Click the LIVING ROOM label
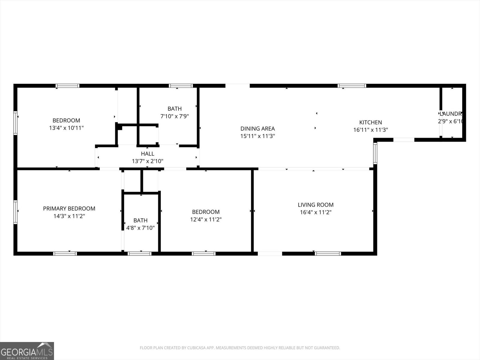[316, 205]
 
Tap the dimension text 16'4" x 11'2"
[316, 212]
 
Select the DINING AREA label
[257, 129]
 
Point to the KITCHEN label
[370, 122]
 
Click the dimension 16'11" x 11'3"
[370, 130]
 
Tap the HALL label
[147, 154]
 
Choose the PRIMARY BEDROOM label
[69, 208]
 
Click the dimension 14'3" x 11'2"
[69, 216]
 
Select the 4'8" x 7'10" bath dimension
[140, 228]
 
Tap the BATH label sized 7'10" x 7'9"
[174, 109]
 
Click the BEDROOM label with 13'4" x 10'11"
[66, 121]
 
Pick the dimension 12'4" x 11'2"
[206, 220]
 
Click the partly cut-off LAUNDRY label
[451, 114]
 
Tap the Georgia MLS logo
[27, 351]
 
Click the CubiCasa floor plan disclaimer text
[240, 348]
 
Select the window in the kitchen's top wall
[352, 86]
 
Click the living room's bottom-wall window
[328, 253]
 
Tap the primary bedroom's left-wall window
[15, 212]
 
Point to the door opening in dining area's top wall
[237, 86]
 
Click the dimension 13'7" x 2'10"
[147, 161]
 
